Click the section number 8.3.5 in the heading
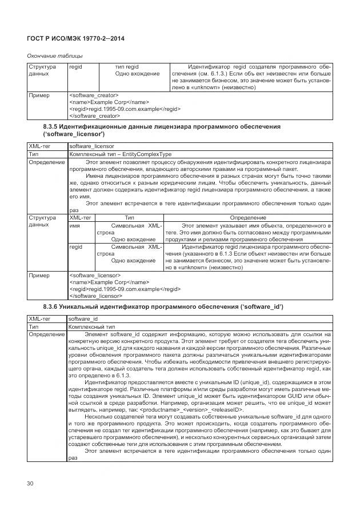click(51, 126)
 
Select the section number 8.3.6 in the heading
click(51, 307)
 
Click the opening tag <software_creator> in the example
click(94, 94)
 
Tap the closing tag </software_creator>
click(95, 115)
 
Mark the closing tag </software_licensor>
click(95, 296)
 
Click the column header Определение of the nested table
click(247, 218)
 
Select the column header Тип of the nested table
click(130, 218)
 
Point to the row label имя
click(74, 225)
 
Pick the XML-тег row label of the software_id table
click(40, 318)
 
